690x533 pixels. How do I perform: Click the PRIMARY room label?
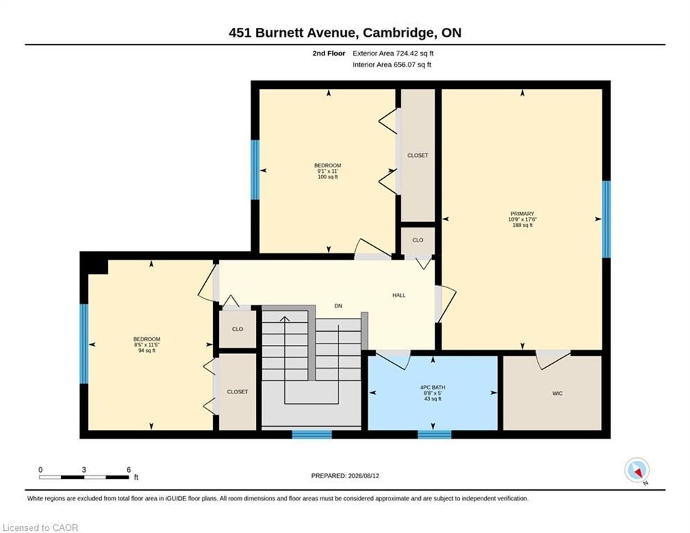tap(522, 214)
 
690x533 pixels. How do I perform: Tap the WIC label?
tap(557, 394)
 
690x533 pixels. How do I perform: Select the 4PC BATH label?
tap(433, 388)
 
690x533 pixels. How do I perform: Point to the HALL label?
tap(399, 295)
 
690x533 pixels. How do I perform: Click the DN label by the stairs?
tap(338, 305)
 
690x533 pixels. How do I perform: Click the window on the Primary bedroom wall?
tap(606, 219)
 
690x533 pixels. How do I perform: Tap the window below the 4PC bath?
tap(434, 434)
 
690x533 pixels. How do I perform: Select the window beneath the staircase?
tap(312, 434)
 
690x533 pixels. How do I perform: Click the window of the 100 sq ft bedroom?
tap(255, 169)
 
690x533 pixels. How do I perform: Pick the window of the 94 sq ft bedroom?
tap(84, 343)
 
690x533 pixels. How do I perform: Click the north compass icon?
tap(637, 471)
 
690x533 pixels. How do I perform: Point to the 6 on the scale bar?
tap(128, 470)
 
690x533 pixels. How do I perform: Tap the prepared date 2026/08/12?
tap(363, 475)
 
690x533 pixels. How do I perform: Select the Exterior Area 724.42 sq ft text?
tap(393, 53)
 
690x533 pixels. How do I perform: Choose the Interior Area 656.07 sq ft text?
tap(392, 65)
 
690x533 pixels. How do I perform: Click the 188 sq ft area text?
tap(522, 225)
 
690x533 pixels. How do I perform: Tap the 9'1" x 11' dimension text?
tap(327, 171)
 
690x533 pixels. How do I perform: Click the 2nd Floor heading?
tap(329, 53)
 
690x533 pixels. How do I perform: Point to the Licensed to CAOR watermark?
tap(40, 527)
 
